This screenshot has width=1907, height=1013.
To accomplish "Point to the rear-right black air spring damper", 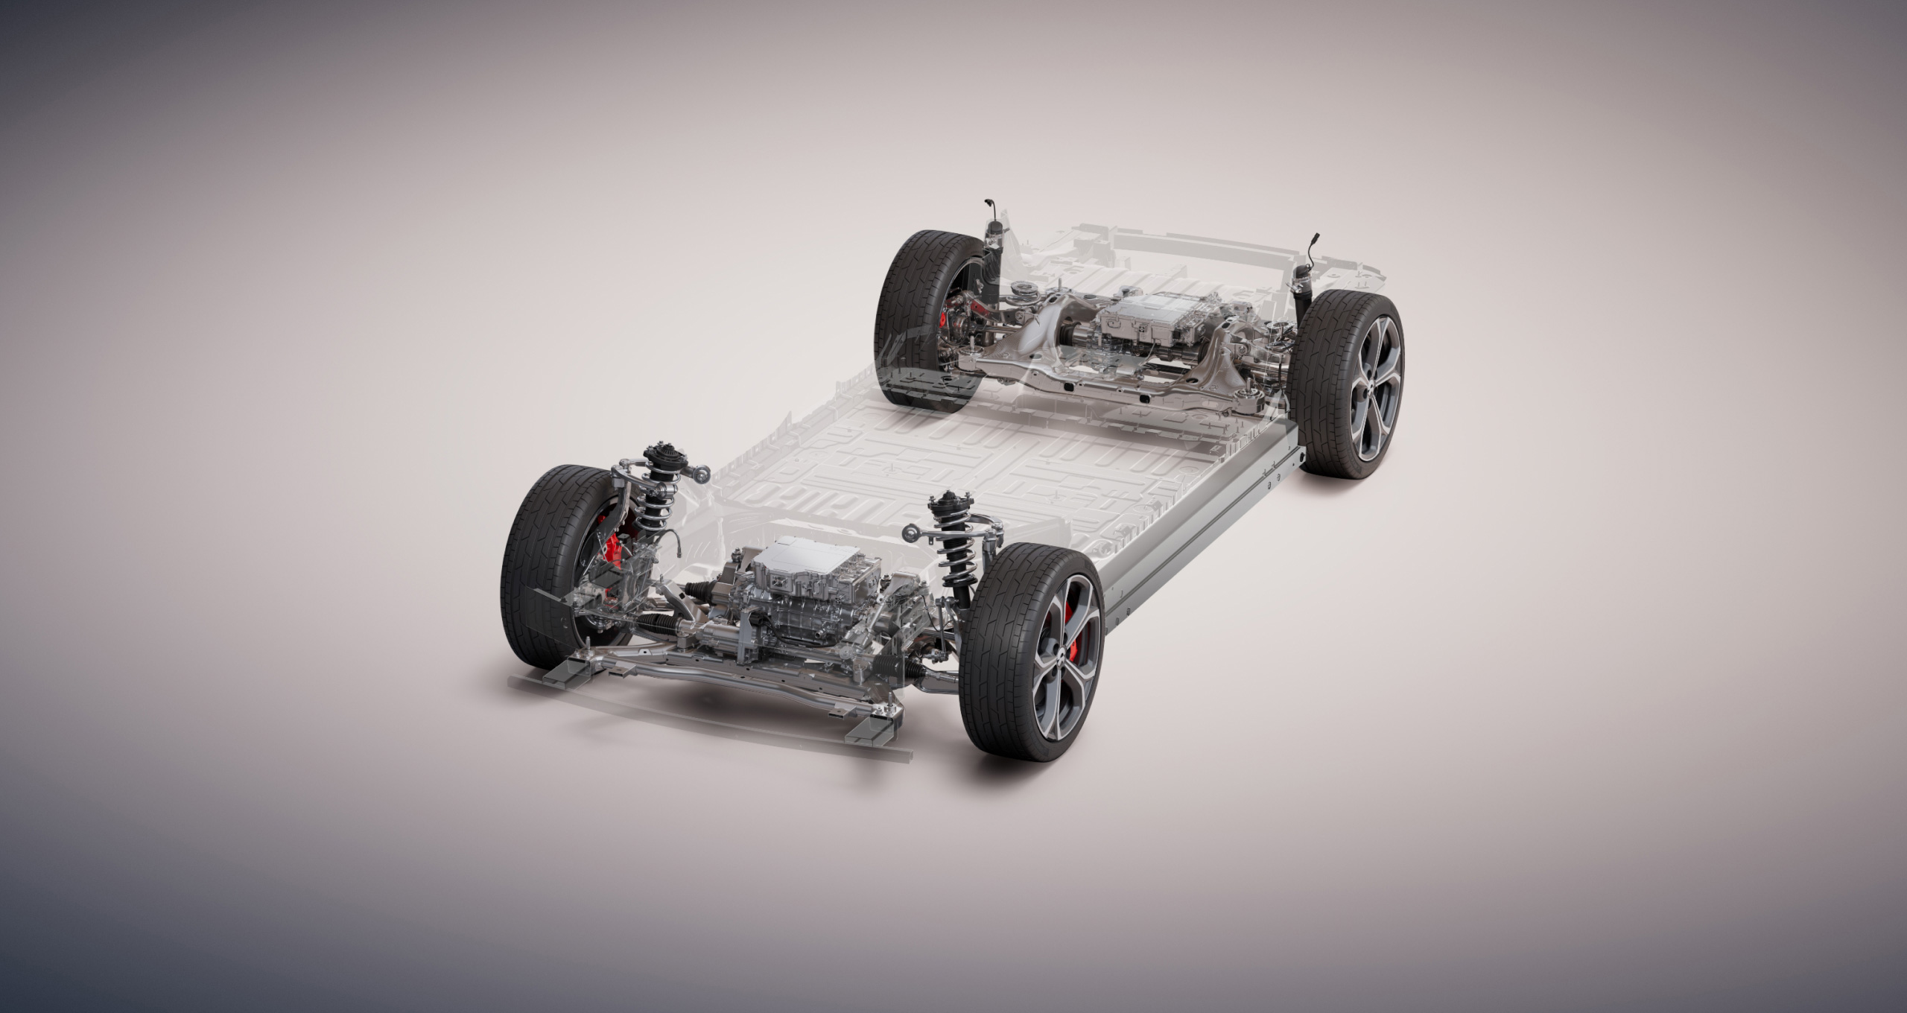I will click(1304, 296).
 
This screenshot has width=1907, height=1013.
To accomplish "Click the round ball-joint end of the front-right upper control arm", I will click(910, 532).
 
